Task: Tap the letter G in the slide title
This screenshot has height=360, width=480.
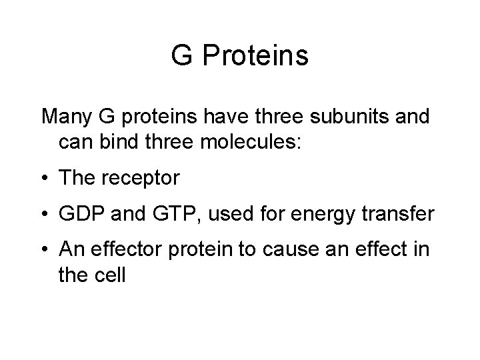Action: pyautogui.click(x=181, y=56)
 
